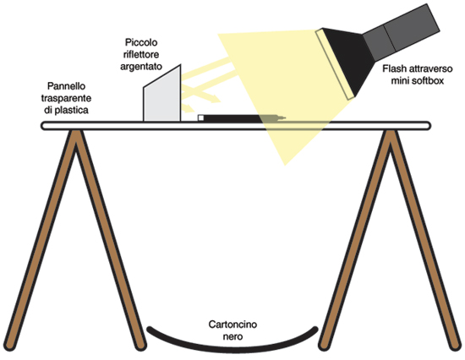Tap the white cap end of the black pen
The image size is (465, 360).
pyautogui.click(x=200, y=118)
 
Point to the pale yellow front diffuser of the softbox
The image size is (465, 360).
pyautogui.click(x=335, y=63)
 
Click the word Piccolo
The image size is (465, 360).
pyautogui.click(x=141, y=42)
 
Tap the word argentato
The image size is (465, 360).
pyautogui.click(x=141, y=66)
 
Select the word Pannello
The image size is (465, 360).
pyautogui.click(x=66, y=86)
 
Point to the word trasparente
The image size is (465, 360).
pyautogui.click(x=66, y=98)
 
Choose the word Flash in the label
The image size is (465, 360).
pyautogui.click(x=394, y=68)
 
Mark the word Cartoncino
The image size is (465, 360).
pyautogui.click(x=232, y=325)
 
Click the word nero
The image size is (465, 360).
pyautogui.click(x=232, y=336)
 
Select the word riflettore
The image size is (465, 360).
pyautogui.click(x=141, y=54)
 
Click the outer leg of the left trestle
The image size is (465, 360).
pyautogui.click(x=39, y=240)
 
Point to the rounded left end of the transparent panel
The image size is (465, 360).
pyautogui.click(x=43, y=126)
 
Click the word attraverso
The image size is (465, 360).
pyautogui.click(x=430, y=68)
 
